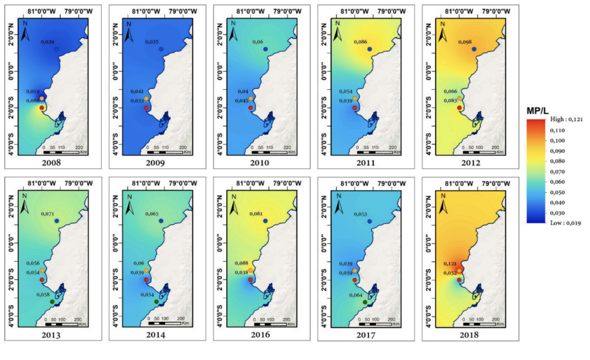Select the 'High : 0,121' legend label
(558, 121)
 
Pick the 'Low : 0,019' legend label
(557, 222)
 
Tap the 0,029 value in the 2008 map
(48, 42)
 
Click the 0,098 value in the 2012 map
(465, 42)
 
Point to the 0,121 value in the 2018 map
(451, 264)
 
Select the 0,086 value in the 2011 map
(361, 42)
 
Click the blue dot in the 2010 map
(266, 50)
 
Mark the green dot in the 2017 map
(365, 302)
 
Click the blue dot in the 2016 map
(266, 221)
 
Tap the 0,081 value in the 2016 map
(256, 214)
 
